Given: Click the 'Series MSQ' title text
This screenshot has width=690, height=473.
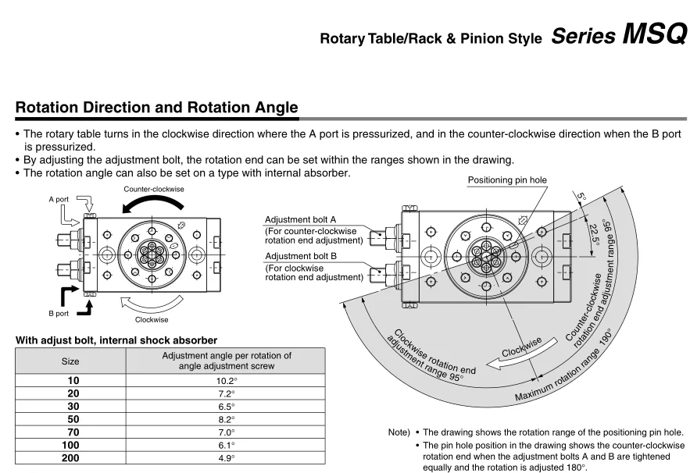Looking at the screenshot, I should [618, 35].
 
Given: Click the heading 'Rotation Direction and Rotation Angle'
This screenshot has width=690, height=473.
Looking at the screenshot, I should [156, 108].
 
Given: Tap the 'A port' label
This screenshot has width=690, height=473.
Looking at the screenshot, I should [59, 200].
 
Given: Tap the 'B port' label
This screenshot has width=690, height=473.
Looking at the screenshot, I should [59, 313].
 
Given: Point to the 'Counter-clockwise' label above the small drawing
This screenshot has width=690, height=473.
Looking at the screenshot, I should [154, 189].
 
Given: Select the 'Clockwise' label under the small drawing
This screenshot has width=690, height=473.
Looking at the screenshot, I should [151, 319].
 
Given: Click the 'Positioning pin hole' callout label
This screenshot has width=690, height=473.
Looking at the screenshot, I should [507, 180].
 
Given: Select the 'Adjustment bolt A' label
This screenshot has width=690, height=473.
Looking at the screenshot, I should [300, 220].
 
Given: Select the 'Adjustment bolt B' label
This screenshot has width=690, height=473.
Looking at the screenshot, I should [300, 256].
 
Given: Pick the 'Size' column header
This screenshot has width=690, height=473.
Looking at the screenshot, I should [70, 361].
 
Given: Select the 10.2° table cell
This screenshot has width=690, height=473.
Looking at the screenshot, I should [226, 381].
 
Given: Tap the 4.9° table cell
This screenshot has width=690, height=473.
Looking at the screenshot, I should [226, 458].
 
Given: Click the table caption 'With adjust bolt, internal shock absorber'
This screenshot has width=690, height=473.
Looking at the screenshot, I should [116, 340].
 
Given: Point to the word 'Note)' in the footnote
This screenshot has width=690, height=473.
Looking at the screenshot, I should [399, 432].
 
